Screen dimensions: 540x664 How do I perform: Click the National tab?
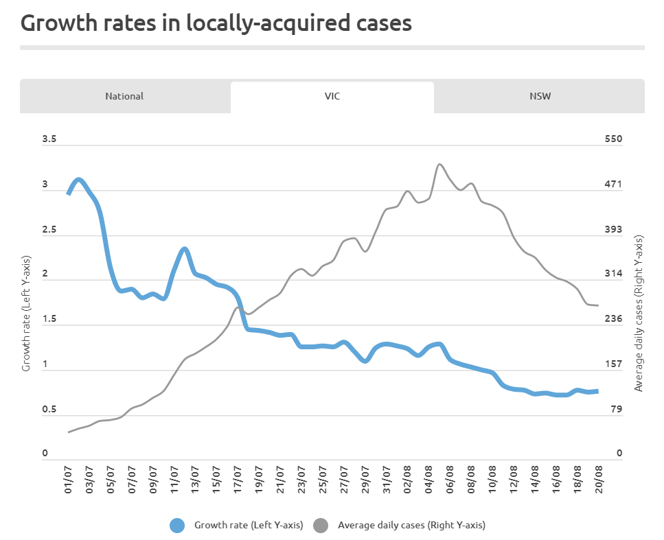click(124, 96)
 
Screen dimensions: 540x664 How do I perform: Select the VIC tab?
click(332, 96)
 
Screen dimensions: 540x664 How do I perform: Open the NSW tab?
click(540, 96)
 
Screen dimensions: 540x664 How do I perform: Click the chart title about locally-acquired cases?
click(216, 23)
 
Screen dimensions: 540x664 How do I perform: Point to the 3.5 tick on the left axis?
click(49, 139)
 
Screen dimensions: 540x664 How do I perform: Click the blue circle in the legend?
click(178, 526)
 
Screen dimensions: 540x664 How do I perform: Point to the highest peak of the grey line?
click(440, 165)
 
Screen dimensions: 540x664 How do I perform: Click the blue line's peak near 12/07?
click(185, 249)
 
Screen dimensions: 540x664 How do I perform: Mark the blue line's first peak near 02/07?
click(79, 180)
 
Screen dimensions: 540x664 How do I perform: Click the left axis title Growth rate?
click(26, 314)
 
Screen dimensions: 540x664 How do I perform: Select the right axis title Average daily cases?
click(639, 314)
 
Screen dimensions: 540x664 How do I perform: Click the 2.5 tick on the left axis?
click(49, 230)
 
